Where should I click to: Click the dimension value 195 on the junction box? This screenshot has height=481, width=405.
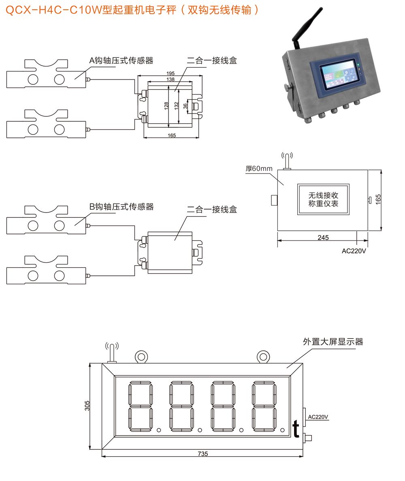coord(171,73)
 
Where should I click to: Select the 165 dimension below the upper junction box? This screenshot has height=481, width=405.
coord(172,135)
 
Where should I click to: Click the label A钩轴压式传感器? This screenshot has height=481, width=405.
coord(122,60)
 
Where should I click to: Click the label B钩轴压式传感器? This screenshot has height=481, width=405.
coord(122,207)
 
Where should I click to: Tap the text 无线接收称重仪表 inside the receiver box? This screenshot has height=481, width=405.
coord(323,200)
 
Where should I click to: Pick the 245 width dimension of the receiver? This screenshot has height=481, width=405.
coord(323,237)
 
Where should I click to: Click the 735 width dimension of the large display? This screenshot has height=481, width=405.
coord(203,454)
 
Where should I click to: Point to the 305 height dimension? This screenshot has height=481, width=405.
coord(87,406)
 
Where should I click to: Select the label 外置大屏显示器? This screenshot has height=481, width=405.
coord(333,341)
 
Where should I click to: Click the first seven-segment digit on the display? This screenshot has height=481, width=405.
coord(141,406)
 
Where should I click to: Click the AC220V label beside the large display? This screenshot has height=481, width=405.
coord(318,417)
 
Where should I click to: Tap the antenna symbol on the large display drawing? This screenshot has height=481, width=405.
coord(112,351)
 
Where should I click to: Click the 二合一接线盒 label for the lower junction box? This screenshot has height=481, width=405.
coord(212,210)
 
